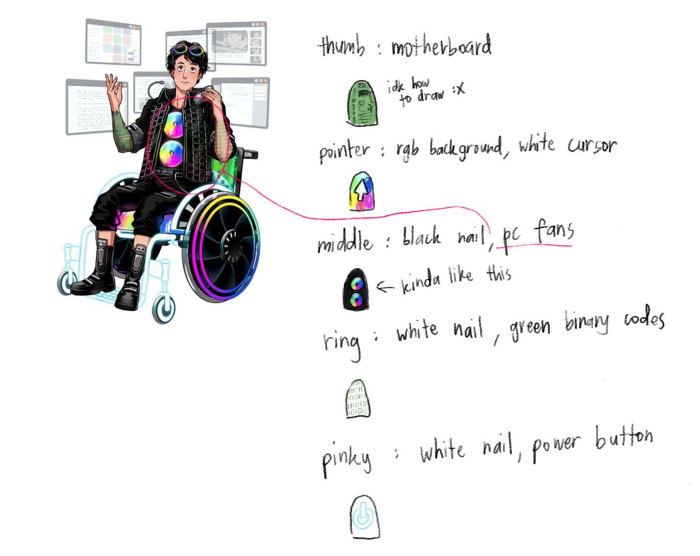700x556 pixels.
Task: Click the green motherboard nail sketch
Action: click(362, 104)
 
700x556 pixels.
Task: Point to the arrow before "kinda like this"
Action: click(386, 286)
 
